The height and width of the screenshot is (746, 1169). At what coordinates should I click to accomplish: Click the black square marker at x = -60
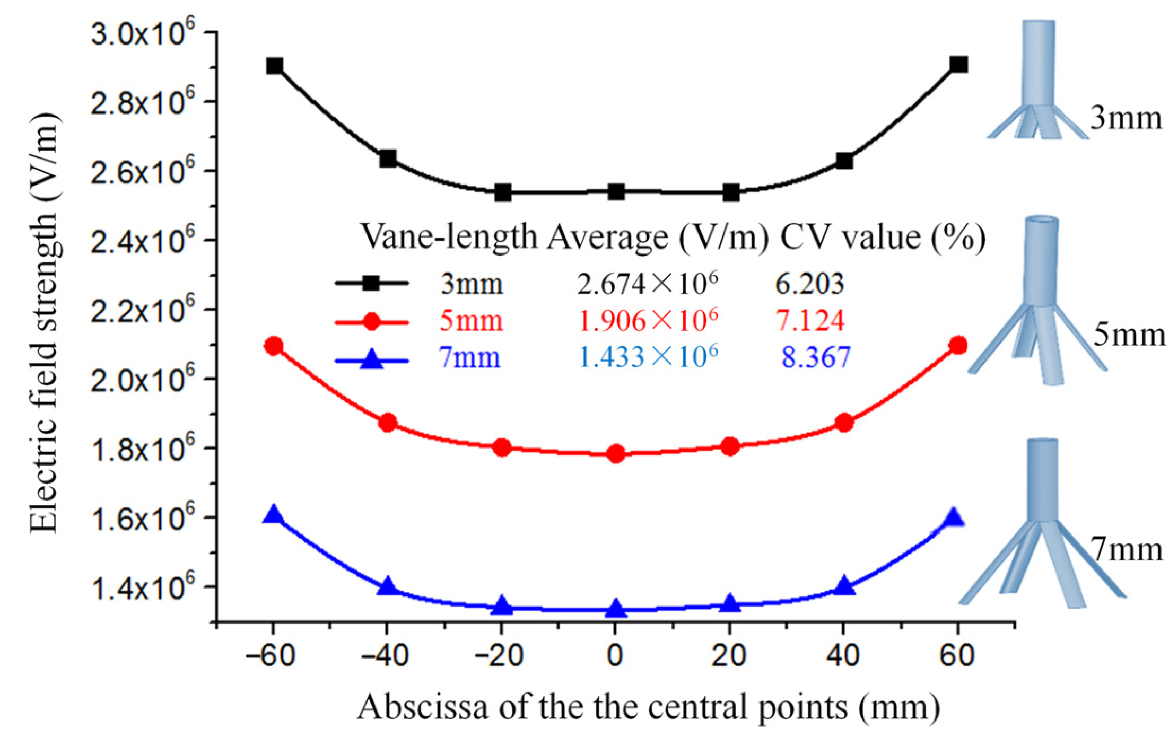pyautogui.click(x=274, y=66)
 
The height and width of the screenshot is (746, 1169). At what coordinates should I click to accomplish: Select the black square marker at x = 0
pyautogui.click(x=615, y=191)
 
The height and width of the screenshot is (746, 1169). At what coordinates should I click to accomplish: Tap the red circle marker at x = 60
pyautogui.click(x=958, y=346)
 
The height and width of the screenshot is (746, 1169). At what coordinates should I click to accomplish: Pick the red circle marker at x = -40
pyautogui.click(x=388, y=423)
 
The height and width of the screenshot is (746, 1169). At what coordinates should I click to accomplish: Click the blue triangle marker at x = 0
pyautogui.click(x=615, y=609)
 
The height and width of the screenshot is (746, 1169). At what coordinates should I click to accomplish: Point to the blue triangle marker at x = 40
pyautogui.click(x=844, y=586)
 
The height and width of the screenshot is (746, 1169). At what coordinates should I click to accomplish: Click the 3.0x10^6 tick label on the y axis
pyautogui.click(x=139, y=33)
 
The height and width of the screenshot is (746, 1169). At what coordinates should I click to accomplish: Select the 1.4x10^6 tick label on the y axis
pyautogui.click(x=139, y=587)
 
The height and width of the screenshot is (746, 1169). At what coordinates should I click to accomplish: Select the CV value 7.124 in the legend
pyautogui.click(x=810, y=320)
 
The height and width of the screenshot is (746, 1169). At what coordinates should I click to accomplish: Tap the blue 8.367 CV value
pyautogui.click(x=816, y=357)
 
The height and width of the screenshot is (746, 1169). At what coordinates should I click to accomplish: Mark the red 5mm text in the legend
pyautogui.click(x=471, y=320)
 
